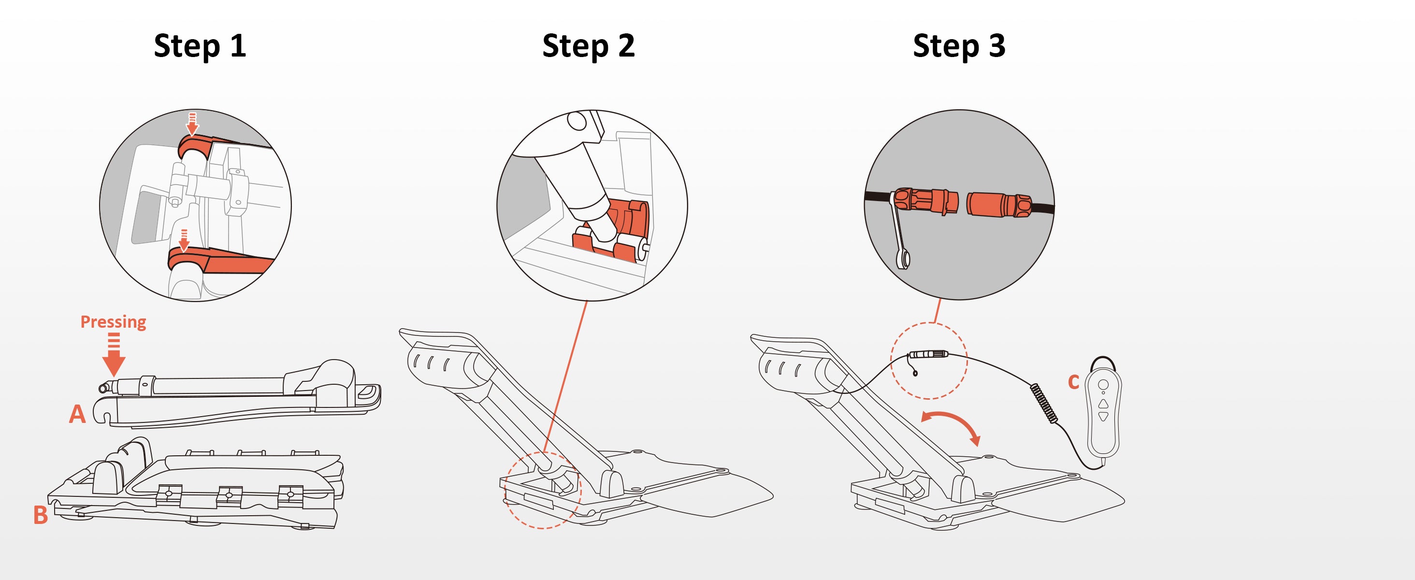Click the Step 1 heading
(x=200, y=45)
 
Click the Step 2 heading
(x=588, y=45)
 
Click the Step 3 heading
(x=959, y=45)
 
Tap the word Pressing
(x=113, y=322)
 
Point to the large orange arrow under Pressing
(x=114, y=360)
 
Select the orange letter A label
(x=77, y=414)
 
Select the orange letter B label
(x=41, y=516)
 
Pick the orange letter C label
(x=1073, y=382)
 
